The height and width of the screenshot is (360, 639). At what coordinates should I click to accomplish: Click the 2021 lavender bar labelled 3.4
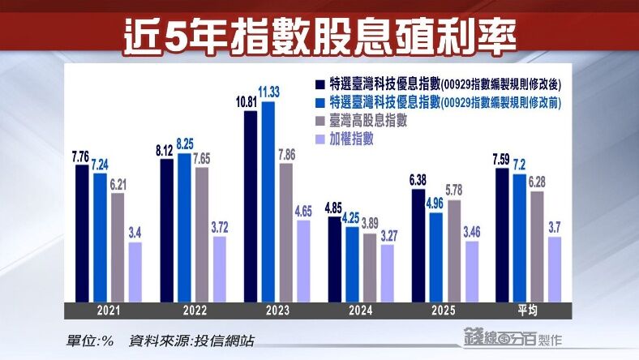pos(135,271)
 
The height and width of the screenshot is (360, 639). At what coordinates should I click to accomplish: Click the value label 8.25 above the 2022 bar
pos(186,143)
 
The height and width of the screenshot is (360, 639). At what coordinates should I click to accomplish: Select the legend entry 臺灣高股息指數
pos(367,121)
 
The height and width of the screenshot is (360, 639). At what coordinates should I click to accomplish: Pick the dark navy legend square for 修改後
pos(321,84)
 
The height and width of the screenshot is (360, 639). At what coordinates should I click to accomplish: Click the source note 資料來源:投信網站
pos(191,341)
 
